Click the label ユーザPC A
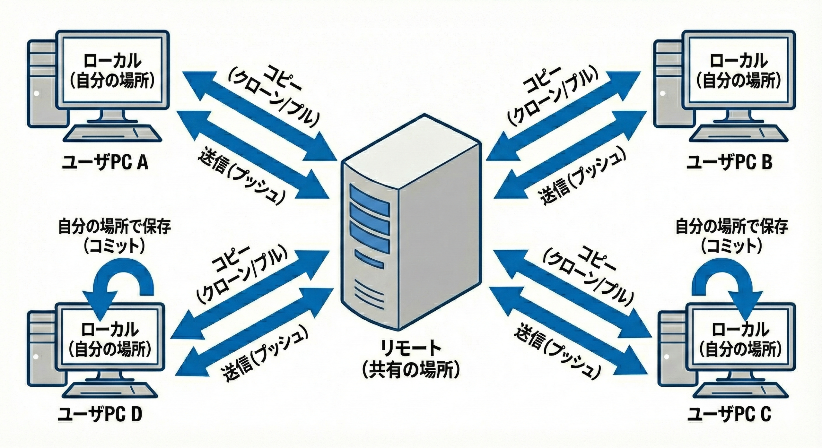click(x=105, y=163)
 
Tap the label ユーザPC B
click(x=729, y=163)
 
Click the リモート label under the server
click(x=411, y=349)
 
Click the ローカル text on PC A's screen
click(x=112, y=61)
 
